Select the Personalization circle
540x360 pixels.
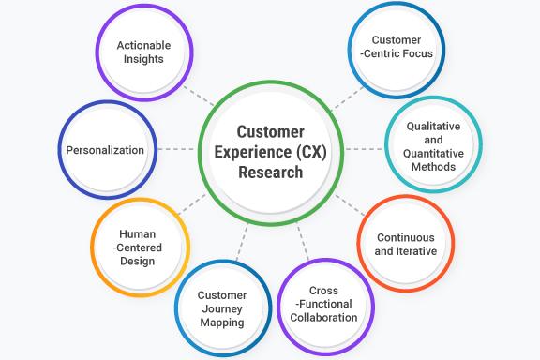coord(105,150)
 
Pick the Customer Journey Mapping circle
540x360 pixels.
coord(222,308)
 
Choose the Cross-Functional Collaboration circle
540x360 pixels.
coord(323,304)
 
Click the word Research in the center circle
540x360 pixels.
coord(270,172)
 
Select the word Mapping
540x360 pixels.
coord(222,322)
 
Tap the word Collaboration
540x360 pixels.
coord(323,317)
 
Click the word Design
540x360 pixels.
coord(137,262)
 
